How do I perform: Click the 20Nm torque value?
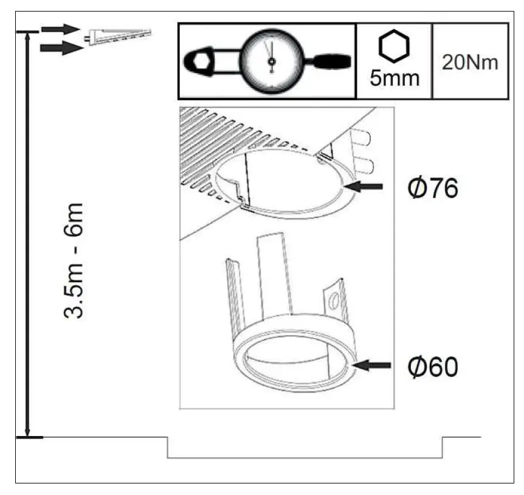[x=470, y=62]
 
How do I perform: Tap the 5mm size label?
[x=394, y=78]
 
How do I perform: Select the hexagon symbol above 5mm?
[x=394, y=46]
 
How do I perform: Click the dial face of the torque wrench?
[x=271, y=61]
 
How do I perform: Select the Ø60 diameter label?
[x=432, y=367]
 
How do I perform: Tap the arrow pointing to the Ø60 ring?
[x=372, y=365]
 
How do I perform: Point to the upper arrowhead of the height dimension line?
[x=27, y=38]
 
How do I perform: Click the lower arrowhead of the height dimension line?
[x=27, y=431]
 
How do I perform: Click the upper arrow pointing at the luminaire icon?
[x=61, y=29]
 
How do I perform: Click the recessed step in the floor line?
[x=304, y=456]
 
